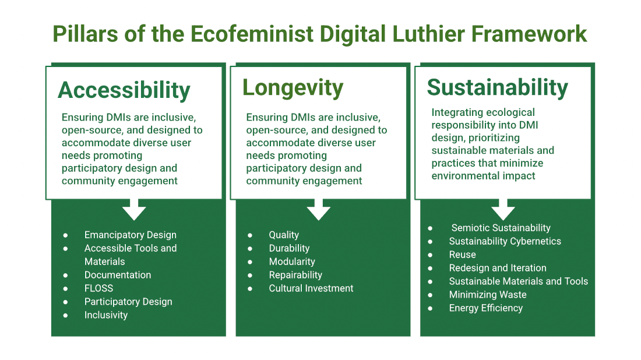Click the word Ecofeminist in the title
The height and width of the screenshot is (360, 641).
[x=252, y=34]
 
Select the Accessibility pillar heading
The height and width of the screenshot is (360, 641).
[x=124, y=91]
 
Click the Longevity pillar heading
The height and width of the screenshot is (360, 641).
[x=293, y=89]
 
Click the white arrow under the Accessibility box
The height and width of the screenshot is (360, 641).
[x=134, y=209]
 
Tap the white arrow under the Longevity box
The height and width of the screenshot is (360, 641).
[x=319, y=209]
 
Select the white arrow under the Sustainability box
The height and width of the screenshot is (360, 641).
[x=503, y=209]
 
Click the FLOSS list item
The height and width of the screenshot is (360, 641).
[x=99, y=288]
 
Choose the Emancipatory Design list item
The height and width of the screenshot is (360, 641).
[x=131, y=235]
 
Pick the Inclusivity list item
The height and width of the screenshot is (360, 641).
[x=106, y=315]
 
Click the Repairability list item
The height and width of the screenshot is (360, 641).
[x=295, y=275]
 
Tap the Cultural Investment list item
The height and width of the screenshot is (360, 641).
[x=311, y=288]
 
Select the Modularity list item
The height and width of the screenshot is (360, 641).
[x=292, y=262]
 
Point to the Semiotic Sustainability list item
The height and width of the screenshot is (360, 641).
[x=501, y=228]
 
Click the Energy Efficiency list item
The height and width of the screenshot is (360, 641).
[x=486, y=308]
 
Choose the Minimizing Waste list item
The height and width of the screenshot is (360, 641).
[x=488, y=295]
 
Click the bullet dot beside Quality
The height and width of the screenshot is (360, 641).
[x=250, y=235]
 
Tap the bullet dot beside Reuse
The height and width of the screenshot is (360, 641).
[x=430, y=255]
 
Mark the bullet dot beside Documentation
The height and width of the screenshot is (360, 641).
[x=65, y=276]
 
